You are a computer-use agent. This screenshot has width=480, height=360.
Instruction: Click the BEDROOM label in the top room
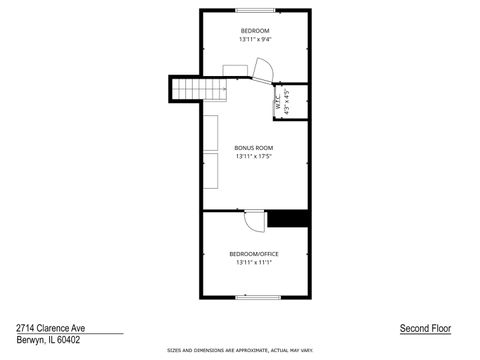254,31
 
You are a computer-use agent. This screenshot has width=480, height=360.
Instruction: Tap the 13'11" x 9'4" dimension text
254,40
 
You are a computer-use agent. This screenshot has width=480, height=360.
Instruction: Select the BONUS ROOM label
253,148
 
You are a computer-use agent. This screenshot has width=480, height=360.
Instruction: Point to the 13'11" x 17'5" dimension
254,157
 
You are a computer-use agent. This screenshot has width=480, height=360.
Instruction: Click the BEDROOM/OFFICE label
254,254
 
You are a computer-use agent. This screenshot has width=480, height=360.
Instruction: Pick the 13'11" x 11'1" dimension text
254,263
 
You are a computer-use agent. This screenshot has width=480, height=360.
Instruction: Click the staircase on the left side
187,90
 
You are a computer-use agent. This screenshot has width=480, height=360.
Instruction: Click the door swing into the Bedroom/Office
254,220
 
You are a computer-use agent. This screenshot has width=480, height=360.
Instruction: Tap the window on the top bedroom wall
254,10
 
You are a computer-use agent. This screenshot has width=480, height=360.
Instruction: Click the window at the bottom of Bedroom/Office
254,297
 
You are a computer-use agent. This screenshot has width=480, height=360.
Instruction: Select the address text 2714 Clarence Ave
49,327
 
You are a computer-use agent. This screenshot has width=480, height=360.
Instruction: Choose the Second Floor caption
424,328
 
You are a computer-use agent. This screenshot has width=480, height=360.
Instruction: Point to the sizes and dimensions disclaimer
240,351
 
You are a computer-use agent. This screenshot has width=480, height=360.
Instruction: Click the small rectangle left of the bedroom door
236,69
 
